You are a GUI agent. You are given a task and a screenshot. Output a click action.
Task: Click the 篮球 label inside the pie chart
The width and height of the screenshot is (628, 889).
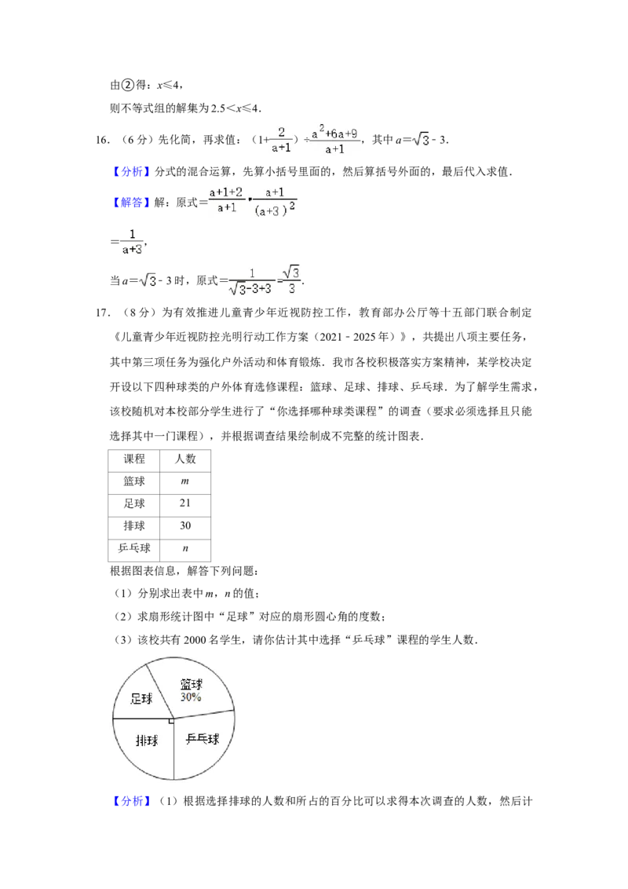point(192,684)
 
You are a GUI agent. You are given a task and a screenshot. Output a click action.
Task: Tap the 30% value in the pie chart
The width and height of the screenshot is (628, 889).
point(191,697)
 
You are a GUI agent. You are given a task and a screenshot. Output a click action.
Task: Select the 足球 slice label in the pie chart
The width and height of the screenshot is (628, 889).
point(141,698)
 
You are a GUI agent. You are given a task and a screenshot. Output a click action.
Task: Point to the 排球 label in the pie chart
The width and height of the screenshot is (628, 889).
point(147,740)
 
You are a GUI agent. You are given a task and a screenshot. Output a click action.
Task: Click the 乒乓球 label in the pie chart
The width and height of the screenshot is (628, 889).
point(203,739)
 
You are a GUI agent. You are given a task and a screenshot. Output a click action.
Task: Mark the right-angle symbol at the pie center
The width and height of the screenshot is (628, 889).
point(171,721)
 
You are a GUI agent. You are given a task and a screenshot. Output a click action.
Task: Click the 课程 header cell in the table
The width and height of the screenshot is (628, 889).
point(133,460)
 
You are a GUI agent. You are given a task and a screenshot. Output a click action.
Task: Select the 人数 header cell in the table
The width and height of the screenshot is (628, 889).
point(185,460)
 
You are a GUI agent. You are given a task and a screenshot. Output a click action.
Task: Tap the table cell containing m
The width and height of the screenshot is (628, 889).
point(185,481)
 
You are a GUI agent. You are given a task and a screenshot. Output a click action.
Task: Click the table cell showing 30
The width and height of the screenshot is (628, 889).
point(185,526)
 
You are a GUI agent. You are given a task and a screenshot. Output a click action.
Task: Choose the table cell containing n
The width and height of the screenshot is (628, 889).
point(185,549)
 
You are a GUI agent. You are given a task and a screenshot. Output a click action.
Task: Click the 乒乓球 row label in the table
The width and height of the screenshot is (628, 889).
point(133,549)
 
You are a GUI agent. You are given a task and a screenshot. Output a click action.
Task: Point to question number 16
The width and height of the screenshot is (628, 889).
point(102,140)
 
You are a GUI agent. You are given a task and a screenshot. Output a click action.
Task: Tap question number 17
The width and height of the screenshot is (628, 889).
point(102,313)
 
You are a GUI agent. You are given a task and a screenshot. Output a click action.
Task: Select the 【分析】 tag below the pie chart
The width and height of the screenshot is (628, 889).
point(132,801)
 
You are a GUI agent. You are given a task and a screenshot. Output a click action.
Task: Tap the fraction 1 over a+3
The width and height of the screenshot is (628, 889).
point(132,242)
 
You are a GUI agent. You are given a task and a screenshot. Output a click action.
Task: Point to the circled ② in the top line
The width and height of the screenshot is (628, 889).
point(127,85)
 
